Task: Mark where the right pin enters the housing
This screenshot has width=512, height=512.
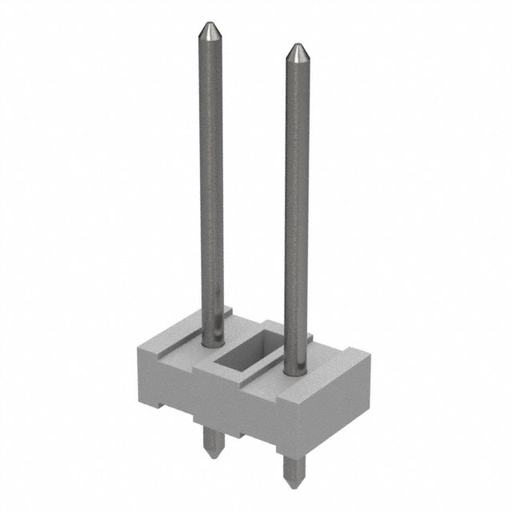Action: pos(295,370)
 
